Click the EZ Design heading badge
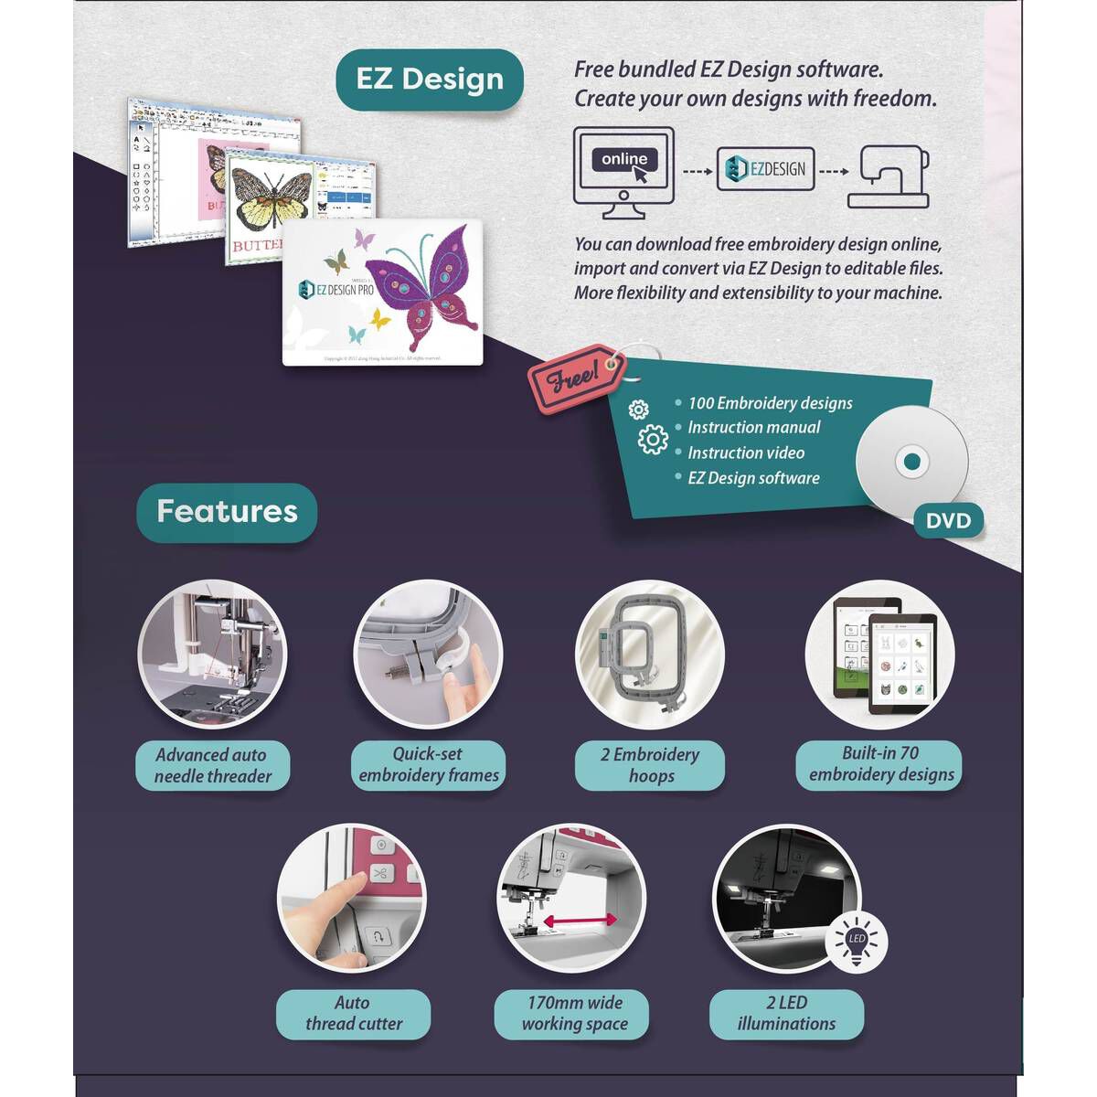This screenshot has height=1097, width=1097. click(x=429, y=80)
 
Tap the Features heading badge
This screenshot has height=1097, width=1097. click(x=227, y=512)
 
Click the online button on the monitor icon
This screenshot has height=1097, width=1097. click(x=624, y=160)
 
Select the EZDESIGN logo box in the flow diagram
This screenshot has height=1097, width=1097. click(x=765, y=169)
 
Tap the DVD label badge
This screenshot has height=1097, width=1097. click(x=948, y=521)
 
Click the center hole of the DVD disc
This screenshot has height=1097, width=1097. click(x=911, y=462)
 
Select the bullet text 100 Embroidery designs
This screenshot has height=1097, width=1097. click(x=770, y=403)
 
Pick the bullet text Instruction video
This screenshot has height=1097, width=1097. click(x=746, y=453)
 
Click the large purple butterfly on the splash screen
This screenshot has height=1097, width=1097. click(x=433, y=284)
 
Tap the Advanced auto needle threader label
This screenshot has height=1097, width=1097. click(x=212, y=766)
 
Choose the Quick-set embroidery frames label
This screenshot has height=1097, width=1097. click(x=429, y=765)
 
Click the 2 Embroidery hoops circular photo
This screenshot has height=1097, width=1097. click(x=650, y=655)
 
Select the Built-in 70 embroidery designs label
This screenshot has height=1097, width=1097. click(x=880, y=764)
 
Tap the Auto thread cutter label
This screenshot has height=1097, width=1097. click(x=353, y=1014)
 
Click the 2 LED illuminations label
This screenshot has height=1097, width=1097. click(x=786, y=1014)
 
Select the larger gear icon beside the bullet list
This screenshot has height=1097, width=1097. click(x=653, y=440)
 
